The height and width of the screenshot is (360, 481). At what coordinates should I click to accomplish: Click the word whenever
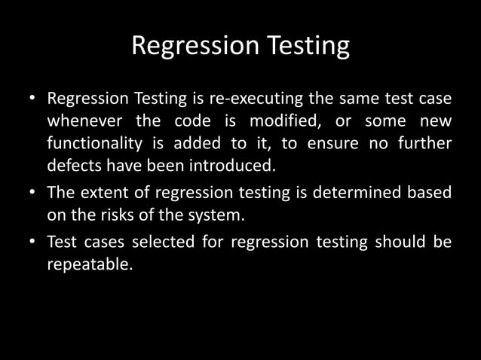[84, 121]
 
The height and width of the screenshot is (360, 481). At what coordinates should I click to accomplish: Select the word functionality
[98, 143]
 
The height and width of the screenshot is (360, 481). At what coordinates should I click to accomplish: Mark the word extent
[103, 194]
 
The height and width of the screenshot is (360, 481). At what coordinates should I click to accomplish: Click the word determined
[355, 194]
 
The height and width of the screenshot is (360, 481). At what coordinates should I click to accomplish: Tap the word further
[425, 143]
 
